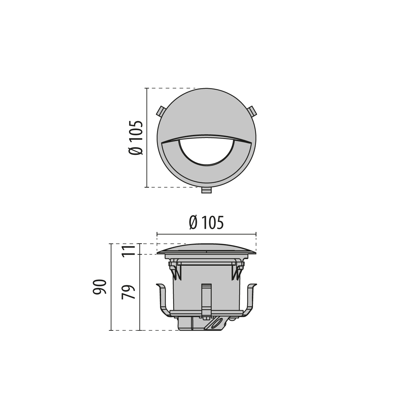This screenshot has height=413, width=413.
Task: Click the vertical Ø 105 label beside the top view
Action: click(136, 137)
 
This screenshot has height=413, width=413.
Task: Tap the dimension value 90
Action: click(100, 287)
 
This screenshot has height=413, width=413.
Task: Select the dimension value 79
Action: click(128, 292)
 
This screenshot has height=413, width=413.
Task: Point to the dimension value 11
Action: click(128, 250)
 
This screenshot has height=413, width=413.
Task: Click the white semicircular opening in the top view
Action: click(206, 151)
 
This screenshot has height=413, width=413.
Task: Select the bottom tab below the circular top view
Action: click(206, 190)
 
